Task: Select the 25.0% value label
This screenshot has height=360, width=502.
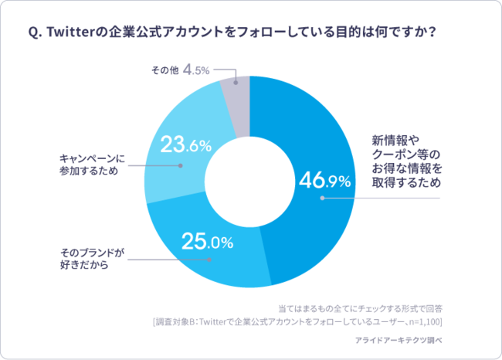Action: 207,242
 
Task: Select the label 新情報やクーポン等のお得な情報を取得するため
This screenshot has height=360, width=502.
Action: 406,161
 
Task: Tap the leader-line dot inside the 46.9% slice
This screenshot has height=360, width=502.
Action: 322,199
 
